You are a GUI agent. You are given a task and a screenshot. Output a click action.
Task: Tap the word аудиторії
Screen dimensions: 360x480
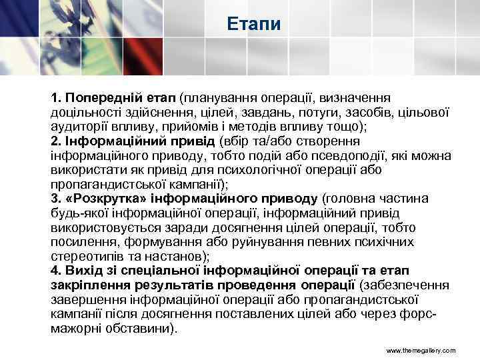(77, 127)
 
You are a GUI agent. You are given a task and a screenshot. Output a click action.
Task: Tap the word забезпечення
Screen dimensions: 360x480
(408, 285)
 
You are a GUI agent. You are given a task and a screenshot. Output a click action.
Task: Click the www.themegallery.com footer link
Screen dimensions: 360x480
(421, 350)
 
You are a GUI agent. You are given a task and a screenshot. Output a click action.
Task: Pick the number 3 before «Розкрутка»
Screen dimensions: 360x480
(55, 198)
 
